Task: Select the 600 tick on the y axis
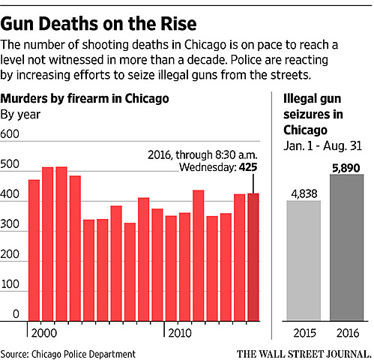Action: [x=10, y=133]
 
